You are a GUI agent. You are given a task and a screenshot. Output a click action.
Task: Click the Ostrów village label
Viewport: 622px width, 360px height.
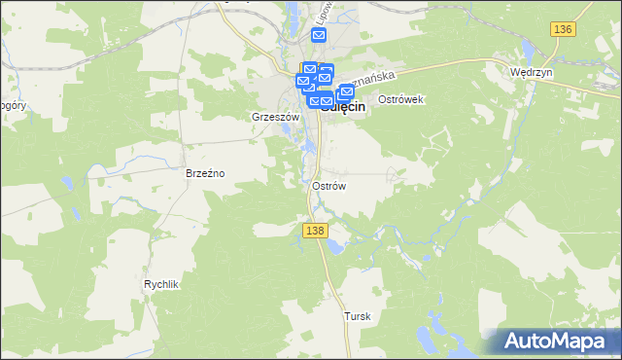pos(329,185)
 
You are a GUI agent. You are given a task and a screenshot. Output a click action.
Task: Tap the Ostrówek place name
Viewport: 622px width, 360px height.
pos(400,100)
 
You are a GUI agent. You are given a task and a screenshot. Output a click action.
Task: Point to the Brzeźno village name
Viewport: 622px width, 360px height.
pos(205,173)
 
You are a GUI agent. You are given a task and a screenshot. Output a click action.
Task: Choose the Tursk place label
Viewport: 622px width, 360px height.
pos(358,317)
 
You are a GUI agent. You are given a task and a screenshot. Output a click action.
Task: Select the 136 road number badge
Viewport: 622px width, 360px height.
pos(562,30)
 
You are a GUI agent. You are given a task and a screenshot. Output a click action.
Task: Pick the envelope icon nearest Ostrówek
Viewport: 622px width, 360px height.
pos(346,91)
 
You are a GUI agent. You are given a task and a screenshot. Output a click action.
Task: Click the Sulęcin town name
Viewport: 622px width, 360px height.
pos(346,108)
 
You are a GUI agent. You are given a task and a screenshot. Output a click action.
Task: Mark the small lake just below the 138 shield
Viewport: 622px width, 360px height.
pos(333,246)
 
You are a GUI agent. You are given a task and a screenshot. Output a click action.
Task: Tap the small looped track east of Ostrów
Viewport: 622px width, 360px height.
pos(393,174)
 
